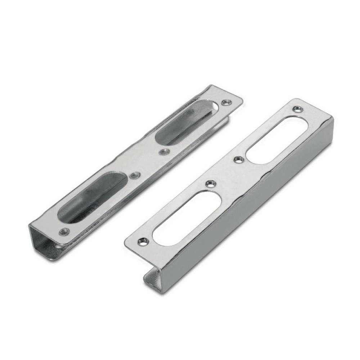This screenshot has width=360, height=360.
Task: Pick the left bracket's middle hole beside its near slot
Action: tap(135, 175)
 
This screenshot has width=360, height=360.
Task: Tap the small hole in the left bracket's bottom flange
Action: tap(59, 247)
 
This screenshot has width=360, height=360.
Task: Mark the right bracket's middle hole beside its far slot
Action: tap(238, 158)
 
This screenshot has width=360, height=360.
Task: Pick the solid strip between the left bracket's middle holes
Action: tap(149, 164)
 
